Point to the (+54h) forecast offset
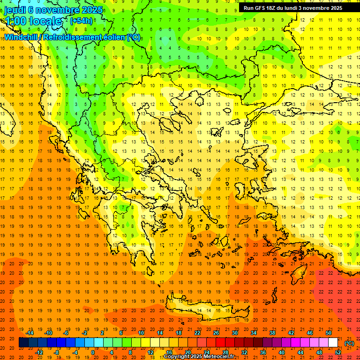pos(81,21)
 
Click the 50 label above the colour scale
pos(329,333)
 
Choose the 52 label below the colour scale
pos(338,352)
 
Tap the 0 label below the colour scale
pos(93,352)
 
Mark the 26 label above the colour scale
pos(216,333)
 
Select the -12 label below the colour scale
pos(39,352)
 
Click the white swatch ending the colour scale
pos(333,343)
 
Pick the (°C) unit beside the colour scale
pos(349,343)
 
